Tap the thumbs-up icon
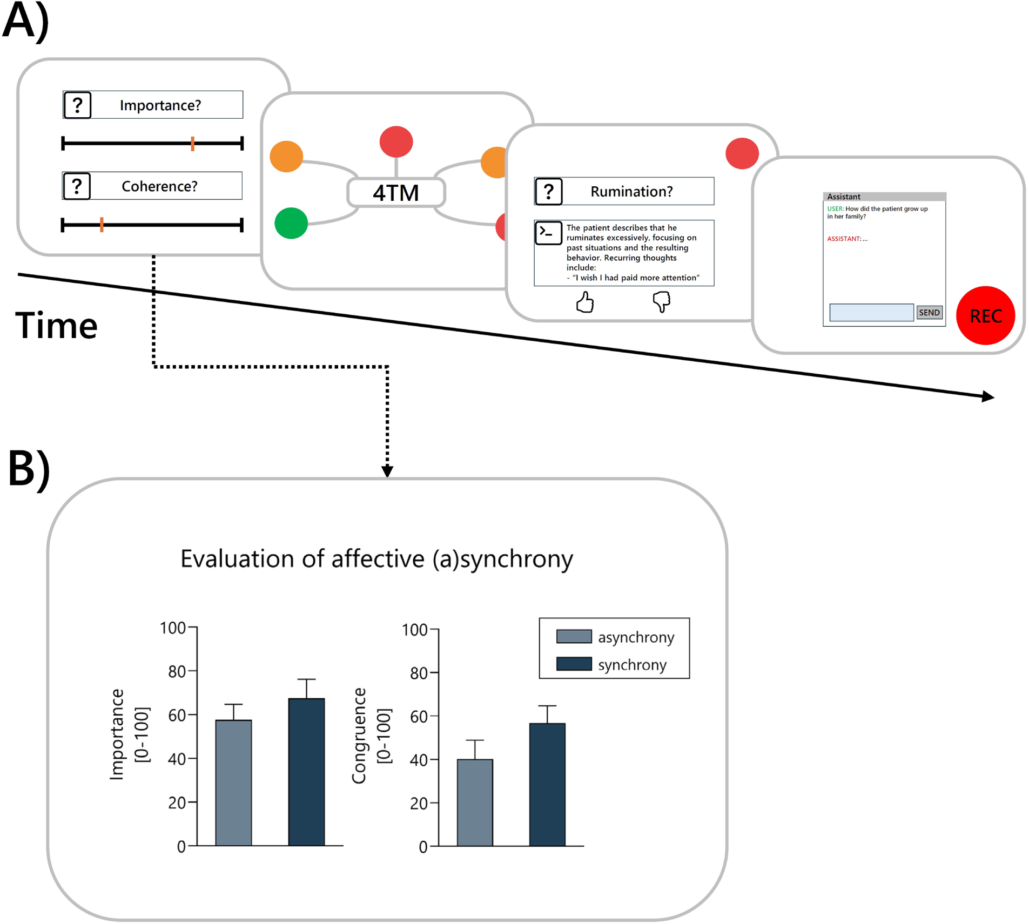(584, 302)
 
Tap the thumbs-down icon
(661, 301)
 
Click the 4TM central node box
(395, 193)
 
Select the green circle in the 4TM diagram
(291, 222)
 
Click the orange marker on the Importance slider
(192, 143)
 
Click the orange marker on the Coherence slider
(102, 225)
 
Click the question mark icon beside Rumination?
(548, 191)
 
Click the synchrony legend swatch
(573, 663)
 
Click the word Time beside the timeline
(56, 325)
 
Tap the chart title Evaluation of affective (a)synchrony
(376, 558)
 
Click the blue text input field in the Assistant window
(870, 312)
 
